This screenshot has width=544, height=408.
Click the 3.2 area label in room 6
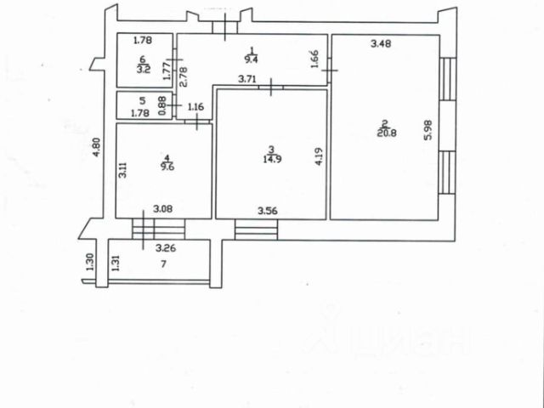click(x=144, y=70)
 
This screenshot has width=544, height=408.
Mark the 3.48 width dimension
click(x=369, y=43)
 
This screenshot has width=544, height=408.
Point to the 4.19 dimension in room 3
click(x=318, y=158)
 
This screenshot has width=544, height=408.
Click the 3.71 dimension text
click(x=247, y=80)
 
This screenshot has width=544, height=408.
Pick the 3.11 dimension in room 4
click(x=124, y=171)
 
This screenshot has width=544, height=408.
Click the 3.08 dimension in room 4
click(x=162, y=207)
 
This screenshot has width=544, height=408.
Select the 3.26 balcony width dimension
click(x=166, y=249)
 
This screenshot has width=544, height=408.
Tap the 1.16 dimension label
click(x=195, y=106)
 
